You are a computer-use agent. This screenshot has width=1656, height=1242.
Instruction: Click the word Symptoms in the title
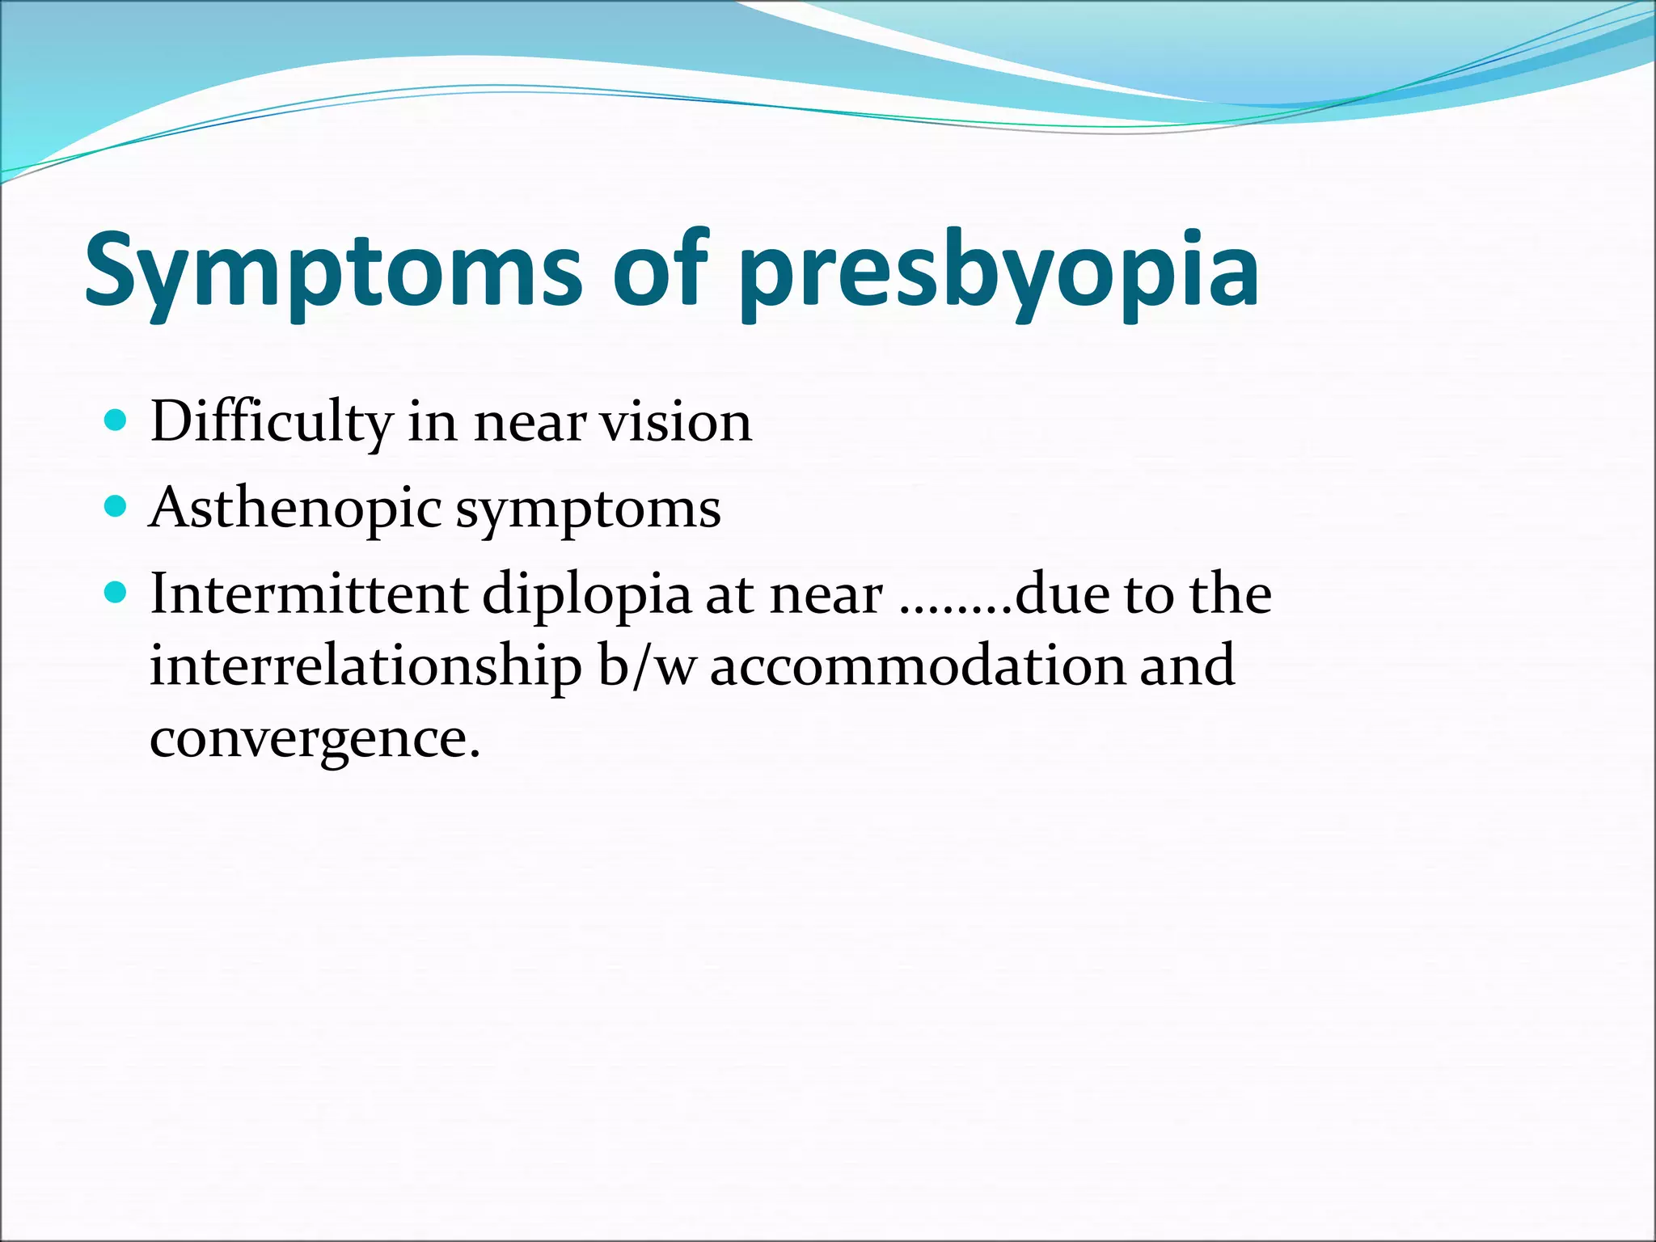332,271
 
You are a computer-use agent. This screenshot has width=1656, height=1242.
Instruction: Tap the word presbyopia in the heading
999,271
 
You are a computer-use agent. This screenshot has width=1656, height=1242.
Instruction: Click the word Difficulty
271,423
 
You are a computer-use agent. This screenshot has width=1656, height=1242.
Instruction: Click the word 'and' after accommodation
1186,665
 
